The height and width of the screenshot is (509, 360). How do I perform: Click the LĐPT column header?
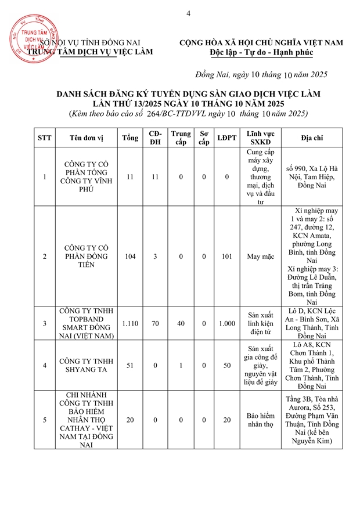pyautogui.click(x=223, y=138)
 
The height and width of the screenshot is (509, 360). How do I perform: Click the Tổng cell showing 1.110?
pyautogui.click(x=130, y=323)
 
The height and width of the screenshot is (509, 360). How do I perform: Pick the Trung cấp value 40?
pyautogui.click(x=181, y=323)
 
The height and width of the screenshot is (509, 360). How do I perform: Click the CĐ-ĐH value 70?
pyautogui.click(x=155, y=323)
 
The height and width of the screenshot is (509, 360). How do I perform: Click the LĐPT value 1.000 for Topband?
pyautogui.click(x=223, y=323)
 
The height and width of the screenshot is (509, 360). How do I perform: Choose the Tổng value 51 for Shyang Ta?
pyautogui.click(x=130, y=365)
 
